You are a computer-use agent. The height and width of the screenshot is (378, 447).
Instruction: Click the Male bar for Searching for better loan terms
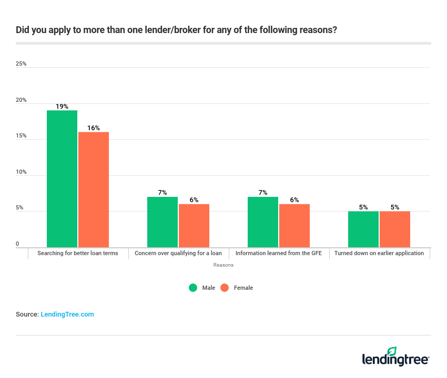tap(62, 178)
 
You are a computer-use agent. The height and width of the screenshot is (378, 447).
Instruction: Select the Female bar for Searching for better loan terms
tap(94, 190)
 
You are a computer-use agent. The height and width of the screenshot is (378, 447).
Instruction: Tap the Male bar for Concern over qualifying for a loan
tap(162, 222)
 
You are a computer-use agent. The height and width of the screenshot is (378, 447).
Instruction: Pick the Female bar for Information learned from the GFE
tap(294, 226)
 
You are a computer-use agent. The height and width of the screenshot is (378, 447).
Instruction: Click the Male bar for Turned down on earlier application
tap(363, 229)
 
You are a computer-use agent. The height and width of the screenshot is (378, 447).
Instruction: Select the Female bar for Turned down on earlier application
tap(395, 229)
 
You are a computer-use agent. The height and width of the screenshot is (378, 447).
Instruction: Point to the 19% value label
tap(62, 107)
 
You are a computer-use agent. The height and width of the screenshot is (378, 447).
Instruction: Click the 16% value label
tap(94, 128)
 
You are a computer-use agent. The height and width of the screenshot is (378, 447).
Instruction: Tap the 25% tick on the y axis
tap(21, 64)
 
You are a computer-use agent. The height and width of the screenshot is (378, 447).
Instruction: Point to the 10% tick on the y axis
tap(21, 172)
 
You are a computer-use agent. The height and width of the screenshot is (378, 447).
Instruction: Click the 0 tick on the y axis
tap(17, 244)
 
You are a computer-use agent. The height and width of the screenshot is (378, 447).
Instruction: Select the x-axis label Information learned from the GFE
tap(279, 253)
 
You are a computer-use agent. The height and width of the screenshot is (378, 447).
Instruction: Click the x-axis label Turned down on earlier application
tap(379, 253)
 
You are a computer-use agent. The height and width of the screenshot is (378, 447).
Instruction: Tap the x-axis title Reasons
tap(223, 265)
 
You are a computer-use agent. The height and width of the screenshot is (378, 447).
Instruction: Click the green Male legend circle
tap(193, 288)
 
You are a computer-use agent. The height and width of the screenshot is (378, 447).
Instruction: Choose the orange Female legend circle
tap(225, 288)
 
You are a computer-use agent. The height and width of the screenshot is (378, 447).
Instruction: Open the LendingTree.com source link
tap(67, 314)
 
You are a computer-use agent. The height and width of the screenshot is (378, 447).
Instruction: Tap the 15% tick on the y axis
tap(21, 136)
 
